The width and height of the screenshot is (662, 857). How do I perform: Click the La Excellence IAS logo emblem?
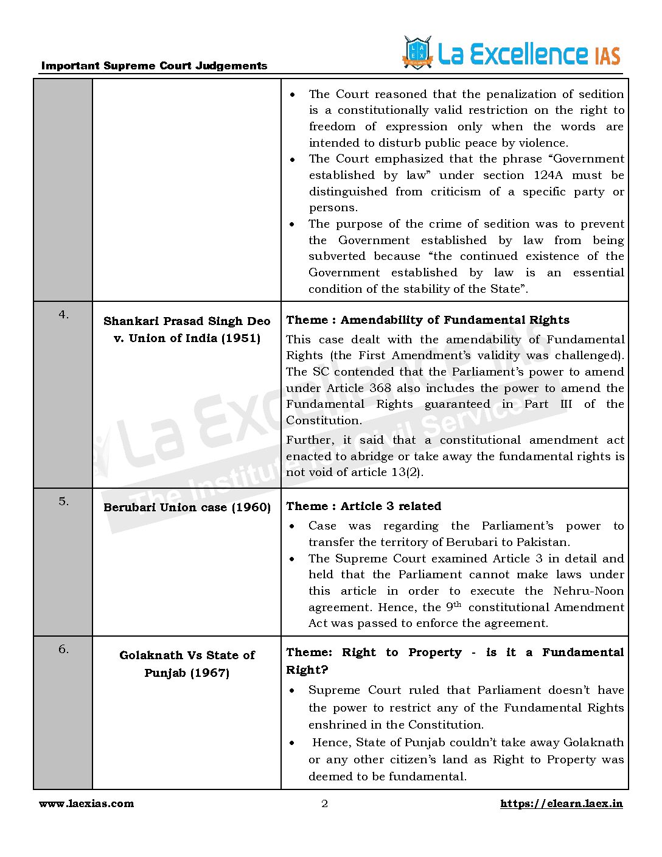417,52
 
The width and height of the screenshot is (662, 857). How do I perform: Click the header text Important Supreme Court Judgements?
154,66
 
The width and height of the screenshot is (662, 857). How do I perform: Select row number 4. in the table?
63,315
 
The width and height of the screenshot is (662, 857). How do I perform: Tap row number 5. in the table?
63,502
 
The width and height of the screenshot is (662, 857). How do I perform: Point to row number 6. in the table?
63,649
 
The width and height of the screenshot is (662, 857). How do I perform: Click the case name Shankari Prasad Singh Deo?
187,321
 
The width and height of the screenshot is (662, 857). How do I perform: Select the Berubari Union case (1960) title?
187,507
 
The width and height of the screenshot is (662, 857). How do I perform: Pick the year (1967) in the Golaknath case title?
209,673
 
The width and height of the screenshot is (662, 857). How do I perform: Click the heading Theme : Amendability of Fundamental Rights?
428,320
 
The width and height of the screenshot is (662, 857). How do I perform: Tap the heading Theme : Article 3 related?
363,506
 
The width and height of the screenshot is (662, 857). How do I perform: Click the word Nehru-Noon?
588,591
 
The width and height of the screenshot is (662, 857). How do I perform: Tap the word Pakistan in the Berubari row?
543,542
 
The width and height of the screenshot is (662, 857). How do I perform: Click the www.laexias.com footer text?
86,803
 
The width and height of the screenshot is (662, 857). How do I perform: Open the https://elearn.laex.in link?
561,803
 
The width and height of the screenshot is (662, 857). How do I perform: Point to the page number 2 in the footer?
324,803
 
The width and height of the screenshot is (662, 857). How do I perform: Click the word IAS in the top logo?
607,56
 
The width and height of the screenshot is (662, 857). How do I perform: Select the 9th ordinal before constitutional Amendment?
453,607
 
